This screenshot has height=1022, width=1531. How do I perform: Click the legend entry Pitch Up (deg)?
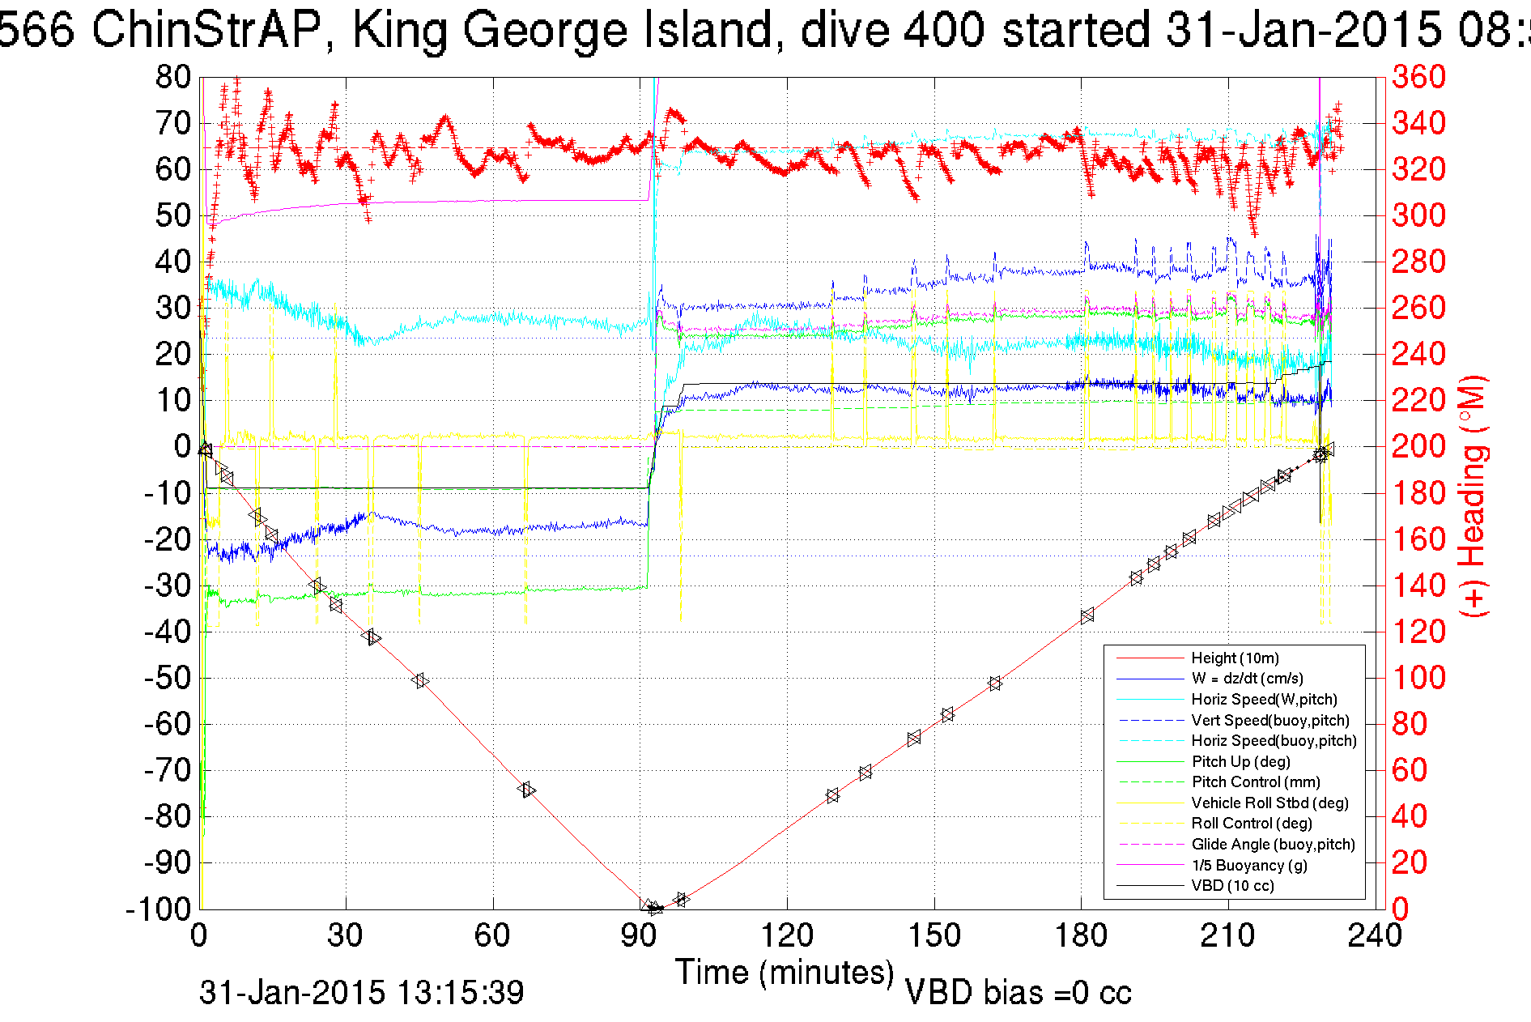click(1240, 761)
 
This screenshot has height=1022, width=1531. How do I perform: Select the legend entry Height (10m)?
click(1235, 658)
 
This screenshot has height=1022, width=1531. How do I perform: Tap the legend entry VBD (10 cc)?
click(1232, 885)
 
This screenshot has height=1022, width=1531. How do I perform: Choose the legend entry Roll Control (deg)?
click(1251, 823)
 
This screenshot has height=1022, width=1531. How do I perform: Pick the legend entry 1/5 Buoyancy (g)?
click(1249, 865)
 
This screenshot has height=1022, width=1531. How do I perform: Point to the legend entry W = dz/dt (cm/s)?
click(1247, 678)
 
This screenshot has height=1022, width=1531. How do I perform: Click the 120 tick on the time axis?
click(787, 936)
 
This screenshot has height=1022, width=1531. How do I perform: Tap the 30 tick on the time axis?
click(346, 936)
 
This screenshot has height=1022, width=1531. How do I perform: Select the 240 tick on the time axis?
click(1375, 936)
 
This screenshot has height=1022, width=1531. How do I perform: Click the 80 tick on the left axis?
click(173, 78)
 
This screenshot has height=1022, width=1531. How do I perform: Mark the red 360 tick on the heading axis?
click(1418, 78)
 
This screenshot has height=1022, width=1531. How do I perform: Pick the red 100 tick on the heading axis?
click(1418, 678)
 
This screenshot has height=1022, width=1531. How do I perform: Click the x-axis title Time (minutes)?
click(784, 972)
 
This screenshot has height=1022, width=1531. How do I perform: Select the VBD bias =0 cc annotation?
click(1018, 993)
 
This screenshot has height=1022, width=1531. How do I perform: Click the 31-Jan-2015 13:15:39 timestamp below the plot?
click(362, 993)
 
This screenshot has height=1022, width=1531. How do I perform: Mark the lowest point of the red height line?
click(653, 909)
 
